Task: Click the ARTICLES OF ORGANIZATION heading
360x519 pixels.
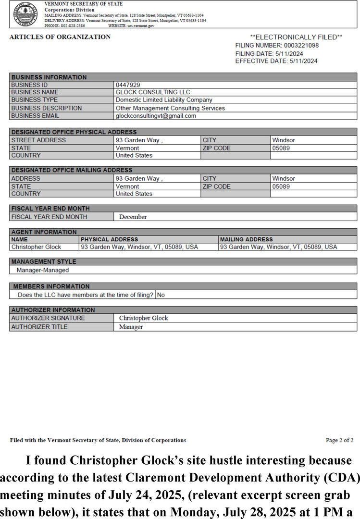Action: tap(60, 37)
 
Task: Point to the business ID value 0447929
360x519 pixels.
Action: tap(128, 85)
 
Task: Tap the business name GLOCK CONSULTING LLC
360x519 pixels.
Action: tap(153, 92)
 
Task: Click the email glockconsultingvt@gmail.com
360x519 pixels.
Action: tap(156, 116)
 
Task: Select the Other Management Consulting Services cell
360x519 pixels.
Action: tap(170, 108)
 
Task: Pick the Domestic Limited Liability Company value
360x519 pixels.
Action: tap(164, 100)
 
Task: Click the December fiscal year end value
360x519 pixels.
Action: tap(133, 217)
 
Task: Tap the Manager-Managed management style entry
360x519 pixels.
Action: tap(43, 270)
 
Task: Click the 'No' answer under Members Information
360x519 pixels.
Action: tap(161, 295)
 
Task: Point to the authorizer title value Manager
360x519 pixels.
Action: tap(131, 327)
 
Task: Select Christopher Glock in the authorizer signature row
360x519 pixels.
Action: tap(144, 318)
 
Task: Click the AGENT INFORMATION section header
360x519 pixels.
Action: tap(44, 232)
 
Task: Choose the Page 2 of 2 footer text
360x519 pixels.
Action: tap(339, 440)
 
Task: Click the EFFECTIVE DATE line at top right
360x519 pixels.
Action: tap(276, 61)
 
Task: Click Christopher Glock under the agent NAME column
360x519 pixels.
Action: tap(36, 247)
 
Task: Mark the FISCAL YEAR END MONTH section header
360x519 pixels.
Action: tap(50, 209)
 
